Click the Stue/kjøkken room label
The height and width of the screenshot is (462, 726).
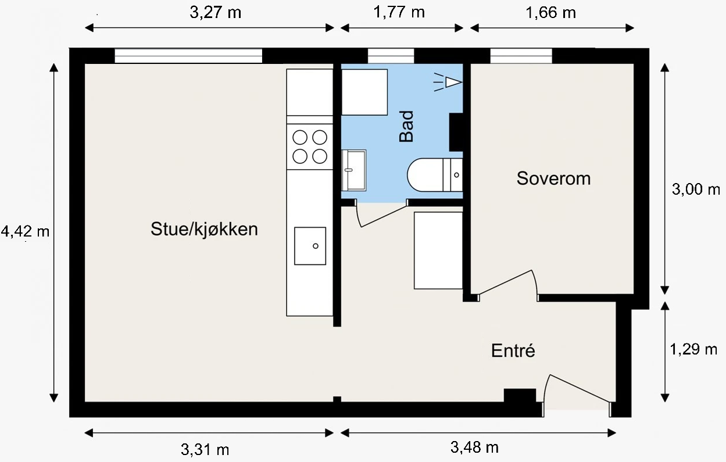204,229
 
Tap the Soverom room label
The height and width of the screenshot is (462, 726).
553,178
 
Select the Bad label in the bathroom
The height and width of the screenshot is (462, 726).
406,127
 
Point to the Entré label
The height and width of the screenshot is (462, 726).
513,351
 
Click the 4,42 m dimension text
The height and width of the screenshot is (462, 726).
25,232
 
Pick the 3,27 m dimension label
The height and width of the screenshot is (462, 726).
215,13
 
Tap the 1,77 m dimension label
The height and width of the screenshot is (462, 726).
399,13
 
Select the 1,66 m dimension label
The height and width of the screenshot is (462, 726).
550,13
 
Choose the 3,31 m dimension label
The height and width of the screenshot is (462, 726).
205,449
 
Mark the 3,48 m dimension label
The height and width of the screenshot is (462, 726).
474,447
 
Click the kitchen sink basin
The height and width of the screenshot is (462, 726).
310,246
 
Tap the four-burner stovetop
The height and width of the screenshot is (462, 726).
309,146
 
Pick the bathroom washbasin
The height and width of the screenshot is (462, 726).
354,170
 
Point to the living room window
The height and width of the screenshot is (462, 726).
188,56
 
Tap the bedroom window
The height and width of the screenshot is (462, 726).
521,56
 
